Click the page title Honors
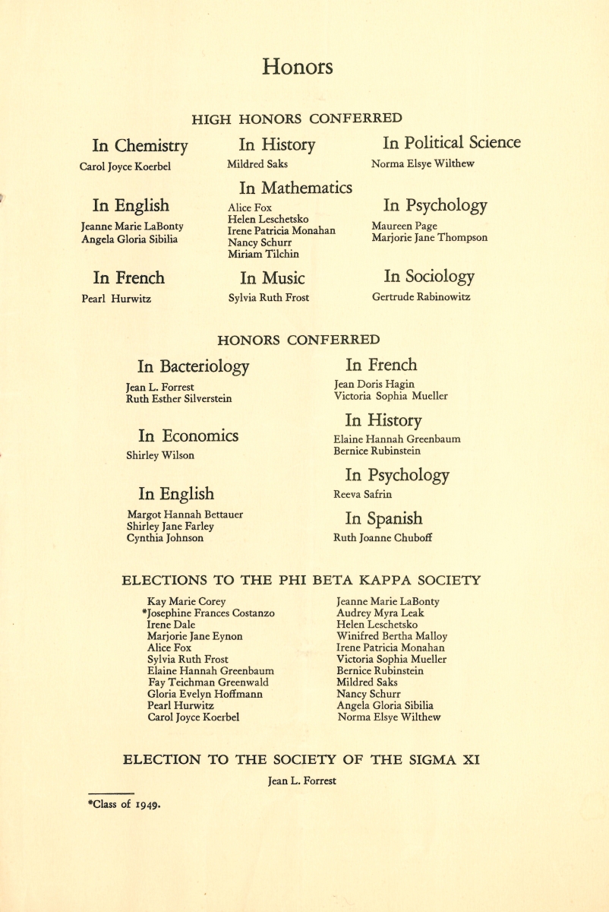(297, 67)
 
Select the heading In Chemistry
(140, 145)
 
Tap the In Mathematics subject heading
(295, 187)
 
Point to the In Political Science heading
(451, 143)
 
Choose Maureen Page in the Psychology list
(404, 226)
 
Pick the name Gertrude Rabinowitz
(421, 297)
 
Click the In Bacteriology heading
(193, 366)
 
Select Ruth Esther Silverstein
(178, 398)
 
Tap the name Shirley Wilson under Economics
(159, 455)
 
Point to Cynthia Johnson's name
(165, 538)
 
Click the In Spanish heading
(383, 519)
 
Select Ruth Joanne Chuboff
(383, 538)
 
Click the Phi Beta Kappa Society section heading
(301, 581)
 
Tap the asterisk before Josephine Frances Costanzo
(144, 612)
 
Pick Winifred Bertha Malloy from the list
(392, 636)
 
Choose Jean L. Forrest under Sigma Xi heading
(301, 781)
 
